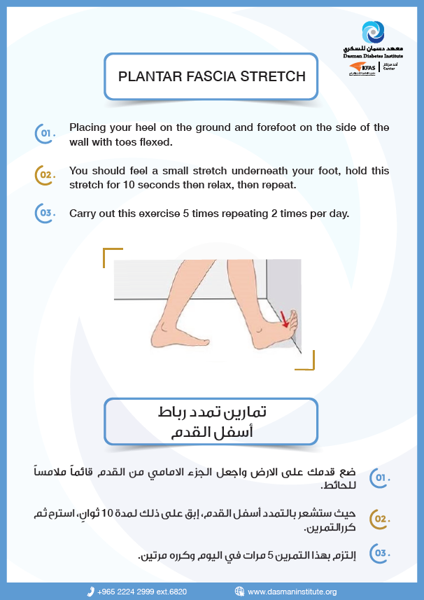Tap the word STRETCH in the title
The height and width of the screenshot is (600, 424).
click(x=277, y=76)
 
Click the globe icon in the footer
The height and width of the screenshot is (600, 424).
click(x=239, y=592)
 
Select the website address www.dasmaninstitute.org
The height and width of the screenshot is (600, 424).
click(x=292, y=592)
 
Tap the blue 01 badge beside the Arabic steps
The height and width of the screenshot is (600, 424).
click(x=379, y=478)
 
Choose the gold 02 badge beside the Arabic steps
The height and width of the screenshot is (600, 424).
click(x=379, y=519)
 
